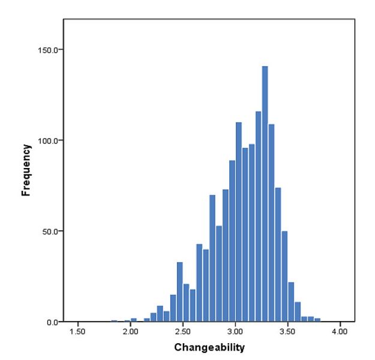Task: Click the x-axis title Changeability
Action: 210,347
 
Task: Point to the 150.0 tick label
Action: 48,50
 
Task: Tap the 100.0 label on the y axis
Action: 48,140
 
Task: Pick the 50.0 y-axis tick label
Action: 50,231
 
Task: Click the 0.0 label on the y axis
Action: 52,322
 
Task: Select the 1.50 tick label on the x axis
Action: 77,331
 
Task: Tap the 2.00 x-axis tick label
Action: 130,331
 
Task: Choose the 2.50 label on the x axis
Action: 182,331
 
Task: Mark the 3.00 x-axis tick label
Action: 235,331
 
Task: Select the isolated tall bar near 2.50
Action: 179,292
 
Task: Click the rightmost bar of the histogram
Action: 317,320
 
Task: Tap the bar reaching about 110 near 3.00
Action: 239,222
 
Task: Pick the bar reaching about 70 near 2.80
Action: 212,258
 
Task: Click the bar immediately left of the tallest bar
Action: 258,217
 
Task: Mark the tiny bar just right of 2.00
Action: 134,320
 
